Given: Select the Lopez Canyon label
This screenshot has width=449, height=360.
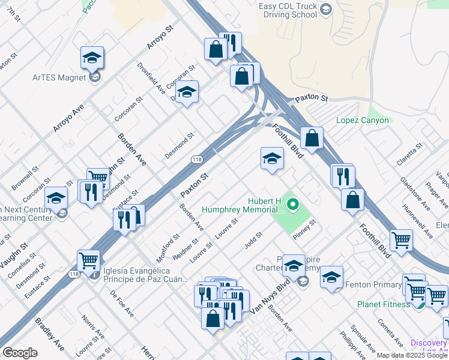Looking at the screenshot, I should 363,120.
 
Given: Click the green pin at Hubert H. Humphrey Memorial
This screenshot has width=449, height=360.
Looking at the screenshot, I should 293,205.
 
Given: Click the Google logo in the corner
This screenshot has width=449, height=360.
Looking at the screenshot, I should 19,353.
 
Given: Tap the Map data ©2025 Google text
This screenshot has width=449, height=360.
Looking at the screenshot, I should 412,355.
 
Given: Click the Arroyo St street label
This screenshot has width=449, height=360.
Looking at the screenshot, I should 161,37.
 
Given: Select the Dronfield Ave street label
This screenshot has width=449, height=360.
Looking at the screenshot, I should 151,78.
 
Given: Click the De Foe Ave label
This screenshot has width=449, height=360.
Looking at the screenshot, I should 122,304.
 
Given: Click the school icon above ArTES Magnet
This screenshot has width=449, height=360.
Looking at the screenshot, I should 92,58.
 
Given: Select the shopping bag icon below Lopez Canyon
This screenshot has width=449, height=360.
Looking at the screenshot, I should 312,139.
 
